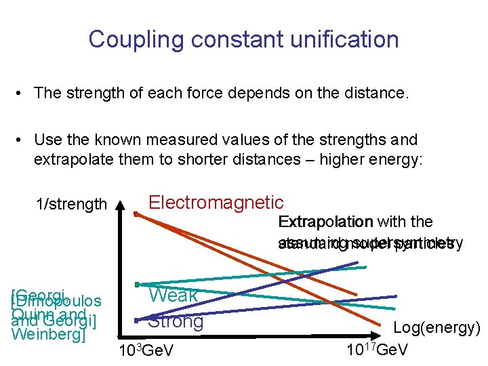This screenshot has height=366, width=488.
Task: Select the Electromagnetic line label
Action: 216,202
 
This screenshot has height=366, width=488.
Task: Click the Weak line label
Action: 174,295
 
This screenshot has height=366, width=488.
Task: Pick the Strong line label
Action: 176,321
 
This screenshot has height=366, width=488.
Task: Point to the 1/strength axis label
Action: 73,204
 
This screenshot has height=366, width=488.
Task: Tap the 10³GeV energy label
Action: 146,351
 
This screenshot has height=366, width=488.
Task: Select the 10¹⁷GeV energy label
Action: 377,351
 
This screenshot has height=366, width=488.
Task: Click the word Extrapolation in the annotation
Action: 325,222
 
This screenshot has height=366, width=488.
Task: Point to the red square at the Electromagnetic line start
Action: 136,214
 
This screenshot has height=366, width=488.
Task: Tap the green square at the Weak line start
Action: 137,284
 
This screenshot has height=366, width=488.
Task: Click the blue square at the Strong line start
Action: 137,320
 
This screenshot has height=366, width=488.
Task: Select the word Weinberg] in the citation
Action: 49,334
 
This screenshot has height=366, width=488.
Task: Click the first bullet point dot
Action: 22,93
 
